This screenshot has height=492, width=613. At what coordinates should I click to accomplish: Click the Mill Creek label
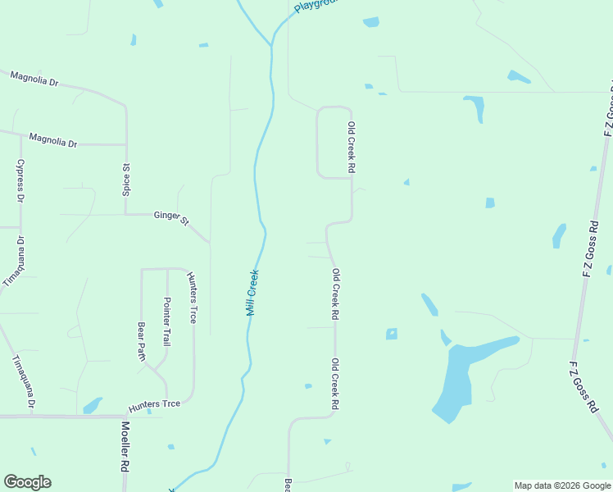tap(253, 293)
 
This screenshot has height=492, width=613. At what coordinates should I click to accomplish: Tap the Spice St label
tap(127, 178)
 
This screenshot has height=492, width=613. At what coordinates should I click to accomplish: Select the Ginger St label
tap(171, 217)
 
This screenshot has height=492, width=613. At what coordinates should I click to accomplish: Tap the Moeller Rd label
tap(125, 446)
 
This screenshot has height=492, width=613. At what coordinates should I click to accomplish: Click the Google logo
tap(27, 482)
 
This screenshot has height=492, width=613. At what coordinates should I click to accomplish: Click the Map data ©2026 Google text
tap(562, 485)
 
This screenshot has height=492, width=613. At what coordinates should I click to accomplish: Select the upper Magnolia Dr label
tap(34, 79)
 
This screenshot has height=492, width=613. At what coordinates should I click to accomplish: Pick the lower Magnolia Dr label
tap(52, 141)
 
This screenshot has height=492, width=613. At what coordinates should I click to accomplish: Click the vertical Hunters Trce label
tap(192, 297)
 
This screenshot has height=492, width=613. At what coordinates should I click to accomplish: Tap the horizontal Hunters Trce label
tap(154, 405)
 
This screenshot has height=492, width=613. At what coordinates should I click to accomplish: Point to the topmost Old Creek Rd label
tap(352, 148)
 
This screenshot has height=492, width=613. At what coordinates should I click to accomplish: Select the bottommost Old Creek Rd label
tap(335, 384)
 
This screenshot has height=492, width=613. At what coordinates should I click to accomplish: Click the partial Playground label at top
tap(316, 6)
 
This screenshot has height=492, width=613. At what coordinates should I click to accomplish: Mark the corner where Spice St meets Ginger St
tap(125, 215)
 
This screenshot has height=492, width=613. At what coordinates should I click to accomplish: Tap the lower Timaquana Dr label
tap(24, 383)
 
